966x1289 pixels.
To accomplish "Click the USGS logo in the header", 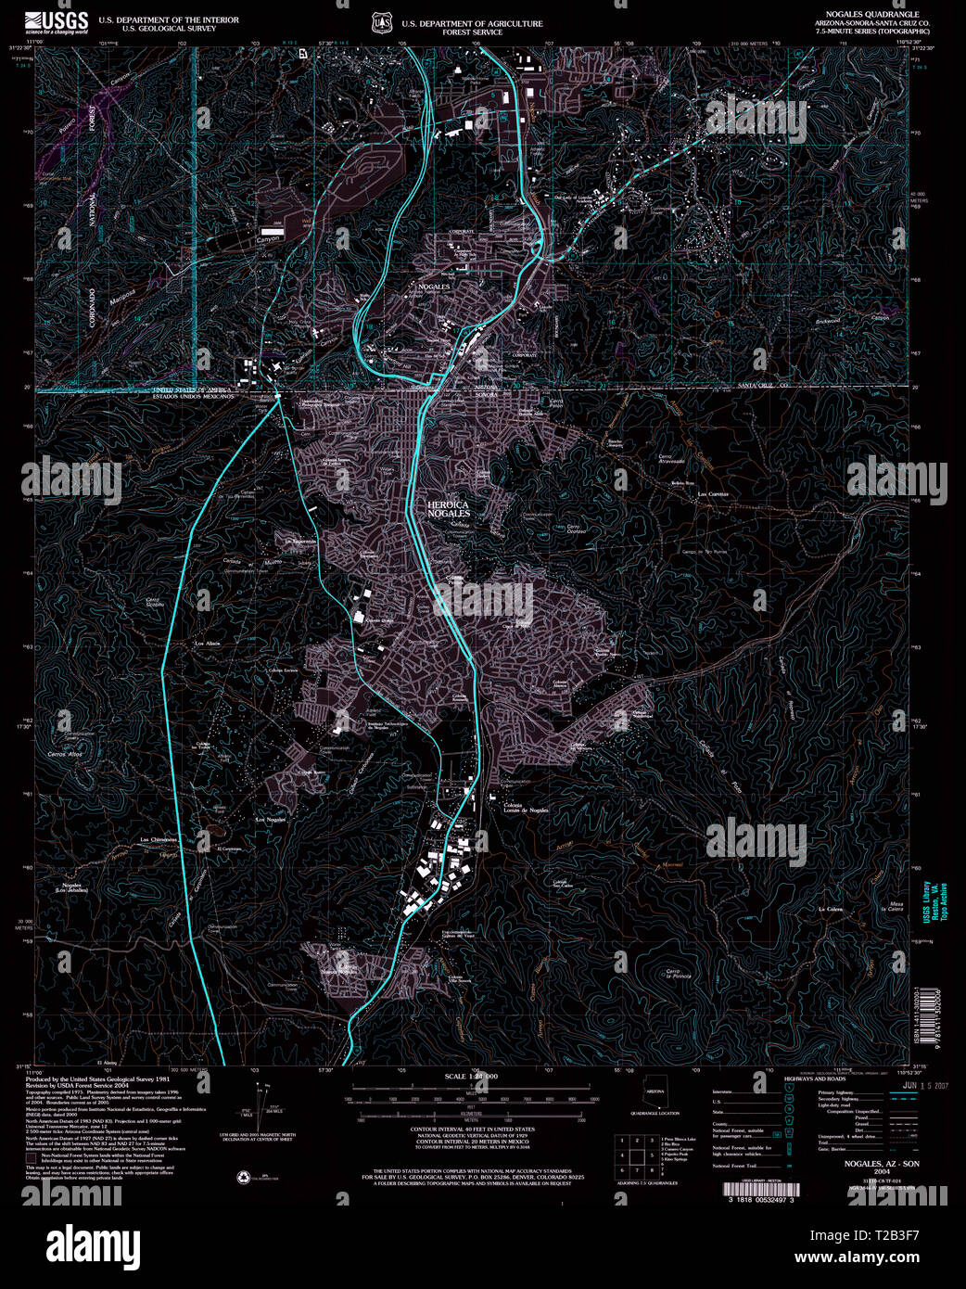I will tap(57, 22).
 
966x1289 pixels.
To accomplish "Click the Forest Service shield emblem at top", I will tap(378, 21).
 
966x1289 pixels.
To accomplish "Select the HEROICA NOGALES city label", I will tap(449, 508).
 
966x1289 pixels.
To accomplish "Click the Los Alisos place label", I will tap(206, 643).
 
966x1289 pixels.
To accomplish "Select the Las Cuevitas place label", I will tap(713, 494).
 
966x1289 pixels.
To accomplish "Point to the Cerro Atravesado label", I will tap(671, 459).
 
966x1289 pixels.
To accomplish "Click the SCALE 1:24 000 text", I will tap(470, 1076).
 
